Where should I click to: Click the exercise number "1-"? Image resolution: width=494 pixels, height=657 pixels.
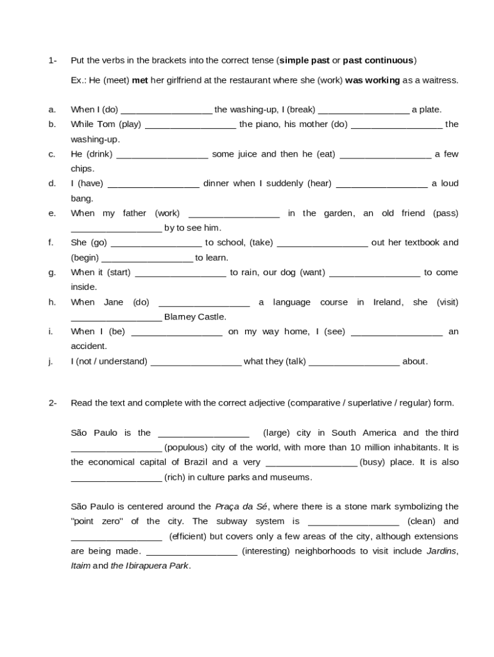point(53,60)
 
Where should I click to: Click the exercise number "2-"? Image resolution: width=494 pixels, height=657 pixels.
point(53,403)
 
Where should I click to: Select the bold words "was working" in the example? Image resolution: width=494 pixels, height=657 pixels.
point(372,80)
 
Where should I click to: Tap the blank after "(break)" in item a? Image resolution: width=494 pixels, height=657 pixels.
point(363,110)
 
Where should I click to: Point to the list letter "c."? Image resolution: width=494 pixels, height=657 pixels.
point(52,154)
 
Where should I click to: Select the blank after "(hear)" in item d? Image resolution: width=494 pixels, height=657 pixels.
point(382,183)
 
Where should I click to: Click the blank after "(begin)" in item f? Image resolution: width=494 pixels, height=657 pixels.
point(147,257)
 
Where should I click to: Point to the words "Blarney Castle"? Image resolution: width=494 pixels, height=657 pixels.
point(195,317)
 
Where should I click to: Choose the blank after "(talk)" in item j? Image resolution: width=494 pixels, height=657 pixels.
point(354,361)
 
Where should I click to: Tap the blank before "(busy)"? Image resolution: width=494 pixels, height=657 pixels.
point(311,462)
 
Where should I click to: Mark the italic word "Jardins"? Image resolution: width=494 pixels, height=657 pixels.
point(442,551)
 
